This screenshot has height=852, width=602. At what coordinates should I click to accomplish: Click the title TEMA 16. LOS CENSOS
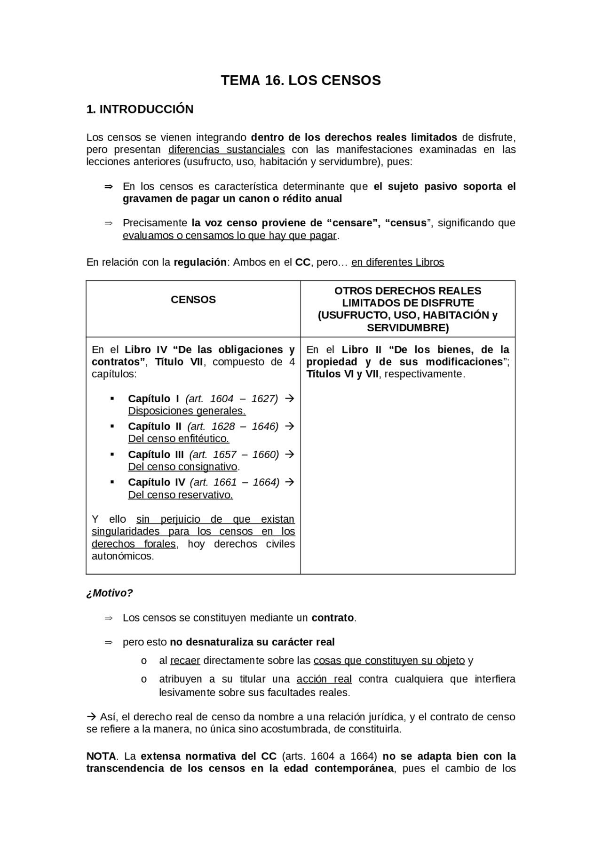coord(301,81)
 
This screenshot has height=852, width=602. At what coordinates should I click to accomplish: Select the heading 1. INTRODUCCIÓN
coord(140,109)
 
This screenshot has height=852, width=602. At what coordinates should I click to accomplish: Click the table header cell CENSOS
coord(193,300)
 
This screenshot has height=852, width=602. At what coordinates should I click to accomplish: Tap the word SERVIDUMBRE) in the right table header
coord(408,327)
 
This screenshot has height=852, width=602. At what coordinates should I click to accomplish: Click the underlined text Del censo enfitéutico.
coord(178,438)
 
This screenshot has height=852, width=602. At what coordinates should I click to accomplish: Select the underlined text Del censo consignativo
coord(182,467)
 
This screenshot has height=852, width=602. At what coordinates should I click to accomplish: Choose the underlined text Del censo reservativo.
coord(180,494)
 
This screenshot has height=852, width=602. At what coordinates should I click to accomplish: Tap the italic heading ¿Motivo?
coord(110,593)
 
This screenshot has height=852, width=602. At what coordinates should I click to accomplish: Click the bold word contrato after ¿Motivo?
coord(333,618)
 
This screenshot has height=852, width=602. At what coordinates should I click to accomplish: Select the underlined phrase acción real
coord(324,679)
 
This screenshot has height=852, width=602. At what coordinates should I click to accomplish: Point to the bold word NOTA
coord(101,756)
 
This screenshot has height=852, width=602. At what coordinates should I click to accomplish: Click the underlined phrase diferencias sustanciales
coord(226,150)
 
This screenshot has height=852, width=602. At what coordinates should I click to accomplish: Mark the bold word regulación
coord(200,263)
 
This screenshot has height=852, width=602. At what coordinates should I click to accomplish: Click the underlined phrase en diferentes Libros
coord(397,263)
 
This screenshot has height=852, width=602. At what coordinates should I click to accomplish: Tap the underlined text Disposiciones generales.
coord(187,411)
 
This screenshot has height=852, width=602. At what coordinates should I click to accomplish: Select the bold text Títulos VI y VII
coord(342,374)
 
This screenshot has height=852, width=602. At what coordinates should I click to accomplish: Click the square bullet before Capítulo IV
coord(112,482)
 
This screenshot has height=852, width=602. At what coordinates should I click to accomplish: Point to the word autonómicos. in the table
coord(122,556)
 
